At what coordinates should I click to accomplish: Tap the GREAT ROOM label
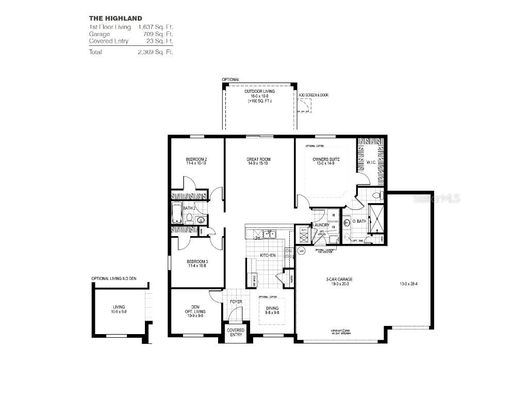(258, 160)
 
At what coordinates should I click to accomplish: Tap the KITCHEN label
(267, 255)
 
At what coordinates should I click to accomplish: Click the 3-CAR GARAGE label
(339, 280)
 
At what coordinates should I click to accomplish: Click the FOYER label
(236, 302)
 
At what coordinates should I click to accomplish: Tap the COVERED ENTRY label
(236, 333)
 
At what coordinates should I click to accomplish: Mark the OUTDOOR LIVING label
(259, 91)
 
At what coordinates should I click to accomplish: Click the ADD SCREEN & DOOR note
(313, 95)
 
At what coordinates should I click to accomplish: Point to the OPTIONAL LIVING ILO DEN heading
(114, 278)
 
